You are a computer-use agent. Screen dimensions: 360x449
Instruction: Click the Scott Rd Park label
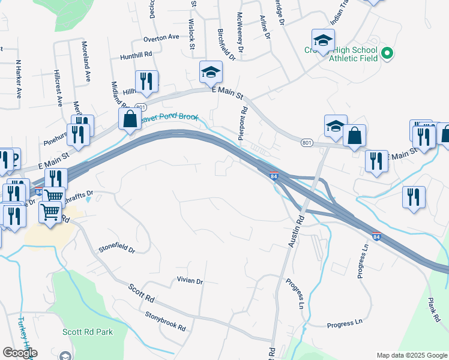(x=88, y=331)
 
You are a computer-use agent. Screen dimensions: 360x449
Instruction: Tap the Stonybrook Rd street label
(x=165, y=320)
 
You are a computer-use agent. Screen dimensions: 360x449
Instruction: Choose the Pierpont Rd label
(x=243, y=124)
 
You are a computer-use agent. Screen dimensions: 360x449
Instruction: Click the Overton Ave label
(x=161, y=37)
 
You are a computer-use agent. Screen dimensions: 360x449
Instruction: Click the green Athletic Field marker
(x=387, y=53)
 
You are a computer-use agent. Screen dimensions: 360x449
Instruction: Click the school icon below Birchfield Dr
(x=211, y=73)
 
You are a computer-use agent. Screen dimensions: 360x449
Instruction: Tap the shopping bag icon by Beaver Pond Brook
(x=130, y=119)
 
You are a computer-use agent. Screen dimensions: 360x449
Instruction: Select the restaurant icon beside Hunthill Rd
(x=146, y=81)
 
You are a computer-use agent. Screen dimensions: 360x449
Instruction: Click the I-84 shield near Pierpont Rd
(x=274, y=176)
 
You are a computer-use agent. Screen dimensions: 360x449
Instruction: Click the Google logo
(x=20, y=353)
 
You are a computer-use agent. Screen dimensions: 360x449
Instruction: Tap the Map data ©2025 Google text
(x=411, y=355)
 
